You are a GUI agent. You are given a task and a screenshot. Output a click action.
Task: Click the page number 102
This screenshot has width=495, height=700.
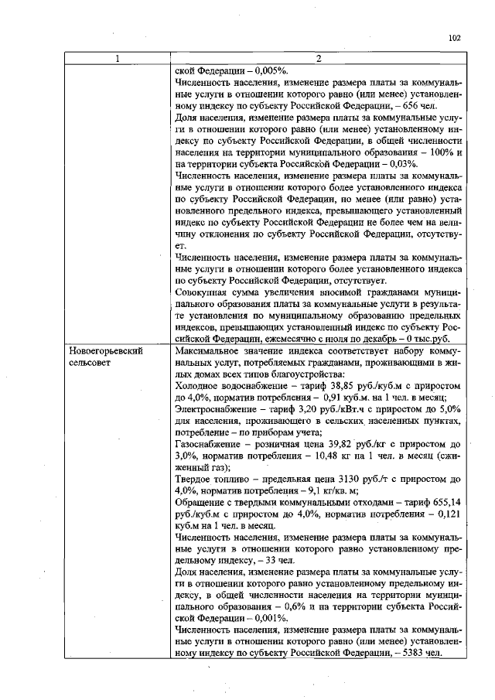455,36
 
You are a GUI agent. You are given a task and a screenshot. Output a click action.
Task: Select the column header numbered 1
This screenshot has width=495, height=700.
118,59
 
